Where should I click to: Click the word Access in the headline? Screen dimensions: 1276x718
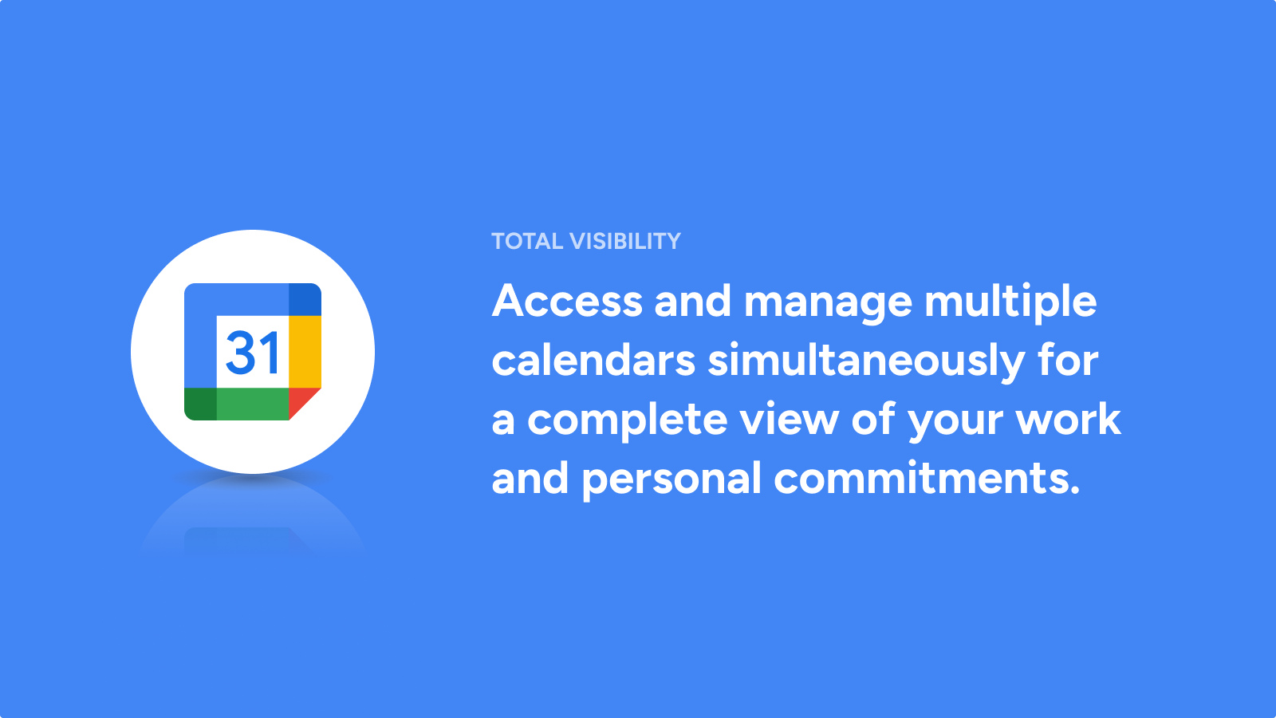[x=567, y=300]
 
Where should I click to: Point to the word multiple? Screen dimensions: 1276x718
[x=1010, y=302]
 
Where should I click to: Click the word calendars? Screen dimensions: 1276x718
[x=593, y=360]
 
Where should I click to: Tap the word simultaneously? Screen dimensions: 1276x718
[x=866, y=362]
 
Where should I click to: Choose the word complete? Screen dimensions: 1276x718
[x=627, y=421]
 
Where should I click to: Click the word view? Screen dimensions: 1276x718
[x=789, y=419]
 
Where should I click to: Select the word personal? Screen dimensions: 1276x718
[x=671, y=479]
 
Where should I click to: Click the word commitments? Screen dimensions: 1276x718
[x=927, y=478]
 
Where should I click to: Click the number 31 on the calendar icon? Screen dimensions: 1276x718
[x=252, y=353]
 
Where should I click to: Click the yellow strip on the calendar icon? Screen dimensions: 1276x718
[x=305, y=352]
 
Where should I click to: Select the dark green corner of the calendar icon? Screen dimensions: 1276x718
[x=200, y=404]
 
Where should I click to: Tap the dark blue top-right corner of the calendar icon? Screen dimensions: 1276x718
[x=305, y=299]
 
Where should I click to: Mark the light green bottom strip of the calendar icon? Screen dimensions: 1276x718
[x=253, y=404]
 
